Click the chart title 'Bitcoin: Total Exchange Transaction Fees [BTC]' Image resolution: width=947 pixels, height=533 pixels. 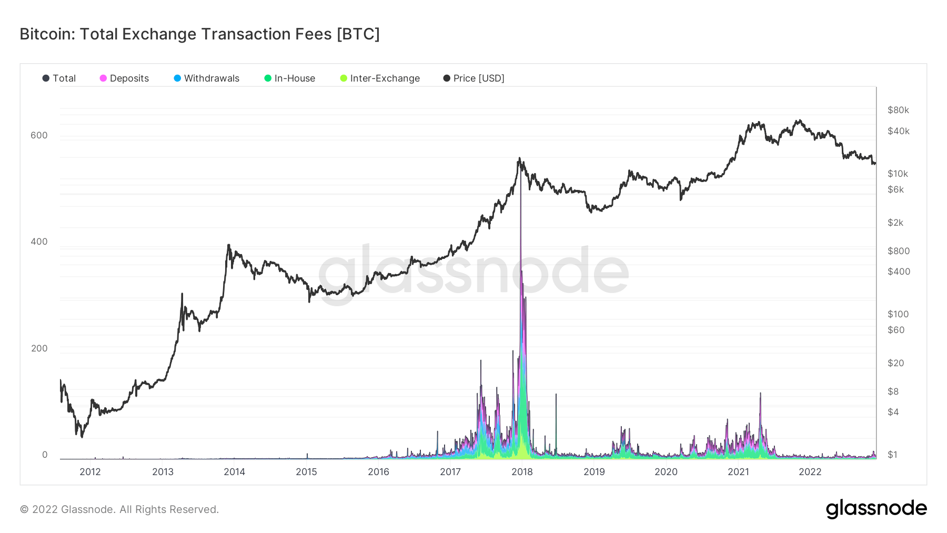(x=199, y=34)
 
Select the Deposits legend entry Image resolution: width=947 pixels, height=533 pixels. (x=124, y=78)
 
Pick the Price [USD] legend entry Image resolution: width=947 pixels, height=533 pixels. (x=473, y=78)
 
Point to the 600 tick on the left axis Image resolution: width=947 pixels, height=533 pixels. (x=39, y=135)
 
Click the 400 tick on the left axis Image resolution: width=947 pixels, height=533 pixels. (x=39, y=242)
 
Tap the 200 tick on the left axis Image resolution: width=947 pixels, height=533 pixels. (x=39, y=348)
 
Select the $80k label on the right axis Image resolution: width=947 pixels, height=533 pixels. (x=898, y=110)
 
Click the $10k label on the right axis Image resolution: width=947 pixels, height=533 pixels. (x=898, y=174)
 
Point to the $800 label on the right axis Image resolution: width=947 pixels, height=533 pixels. (x=898, y=251)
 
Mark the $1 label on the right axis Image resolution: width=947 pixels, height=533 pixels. (x=892, y=455)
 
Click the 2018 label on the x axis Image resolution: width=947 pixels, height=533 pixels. (x=522, y=472)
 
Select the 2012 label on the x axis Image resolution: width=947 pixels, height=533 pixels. (x=90, y=472)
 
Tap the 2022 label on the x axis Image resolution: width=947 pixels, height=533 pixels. (x=810, y=472)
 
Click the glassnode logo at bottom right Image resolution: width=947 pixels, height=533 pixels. (x=876, y=509)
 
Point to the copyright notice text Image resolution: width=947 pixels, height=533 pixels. (x=119, y=509)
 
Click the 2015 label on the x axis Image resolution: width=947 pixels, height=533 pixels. (x=306, y=472)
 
